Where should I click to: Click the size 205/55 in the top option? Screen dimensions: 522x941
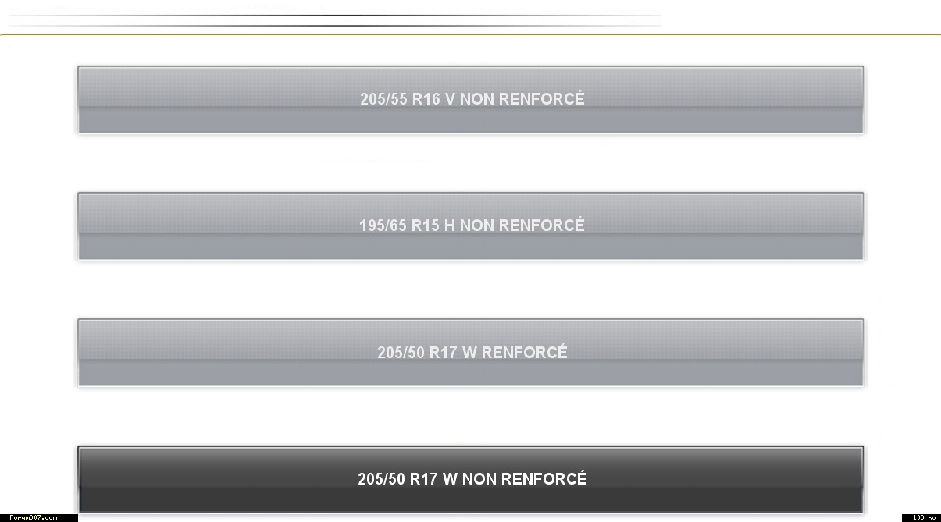tap(383, 99)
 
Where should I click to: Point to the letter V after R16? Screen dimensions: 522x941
tap(450, 99)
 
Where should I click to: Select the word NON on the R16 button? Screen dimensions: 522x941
tap(477, 99)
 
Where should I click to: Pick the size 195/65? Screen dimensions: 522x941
tap(383, 225)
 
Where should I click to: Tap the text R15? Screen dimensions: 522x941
tap(426, 225)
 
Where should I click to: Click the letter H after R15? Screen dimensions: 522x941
tap(450, 225)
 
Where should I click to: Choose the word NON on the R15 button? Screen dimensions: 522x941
tap(477, 225)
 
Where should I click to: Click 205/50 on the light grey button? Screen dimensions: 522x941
tap(401, 353)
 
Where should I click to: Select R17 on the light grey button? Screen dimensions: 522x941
tap(444, 353)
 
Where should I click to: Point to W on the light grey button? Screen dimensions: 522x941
tap(469, 353)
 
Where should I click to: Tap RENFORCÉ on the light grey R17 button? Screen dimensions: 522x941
tap(525, 352)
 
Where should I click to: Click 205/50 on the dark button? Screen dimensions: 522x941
tap(382, 479)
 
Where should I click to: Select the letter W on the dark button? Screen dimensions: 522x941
tap(450, 479)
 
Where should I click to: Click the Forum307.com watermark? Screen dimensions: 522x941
tap(33, 517)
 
